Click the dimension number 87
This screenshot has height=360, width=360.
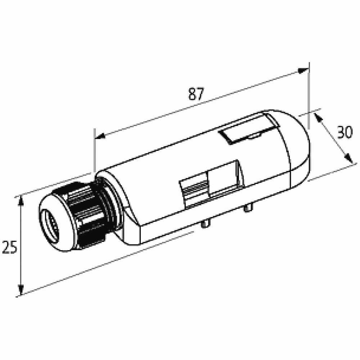(196, 94)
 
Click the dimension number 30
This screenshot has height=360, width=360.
(345, 132)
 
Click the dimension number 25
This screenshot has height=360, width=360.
(9, 247)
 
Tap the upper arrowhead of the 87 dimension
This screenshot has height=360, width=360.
(303, 71)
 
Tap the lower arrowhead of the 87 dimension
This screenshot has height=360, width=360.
(100, 136)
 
